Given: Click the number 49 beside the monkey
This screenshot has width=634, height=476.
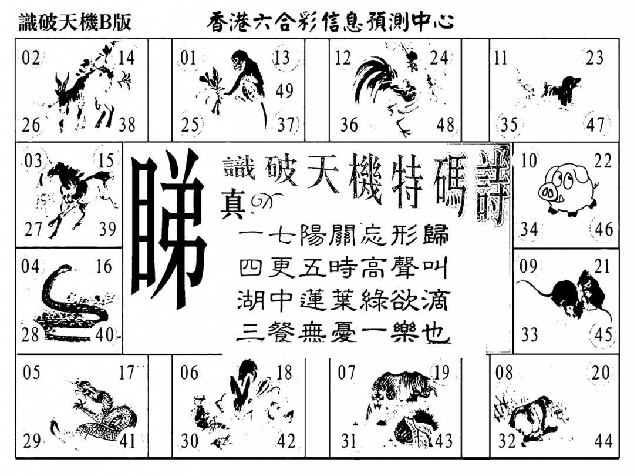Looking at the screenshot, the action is click(285, 90).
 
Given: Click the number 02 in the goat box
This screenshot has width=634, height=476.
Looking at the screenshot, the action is click(31, 58).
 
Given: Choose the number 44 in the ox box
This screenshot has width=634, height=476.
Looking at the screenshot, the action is click(603, 440).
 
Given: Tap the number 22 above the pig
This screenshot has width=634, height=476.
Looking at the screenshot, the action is click(603, 162).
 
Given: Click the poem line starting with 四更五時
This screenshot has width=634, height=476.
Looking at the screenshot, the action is click(343, 269).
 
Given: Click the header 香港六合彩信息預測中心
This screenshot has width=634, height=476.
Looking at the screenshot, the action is click(331, 22).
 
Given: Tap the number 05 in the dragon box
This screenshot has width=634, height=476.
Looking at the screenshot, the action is click(32, 372).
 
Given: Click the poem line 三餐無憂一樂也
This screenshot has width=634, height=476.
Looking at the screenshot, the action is click(343, 335).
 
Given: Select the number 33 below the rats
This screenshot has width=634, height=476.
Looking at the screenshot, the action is click(530, 335).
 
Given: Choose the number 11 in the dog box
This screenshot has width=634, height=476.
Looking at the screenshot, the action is click(501, 58).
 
